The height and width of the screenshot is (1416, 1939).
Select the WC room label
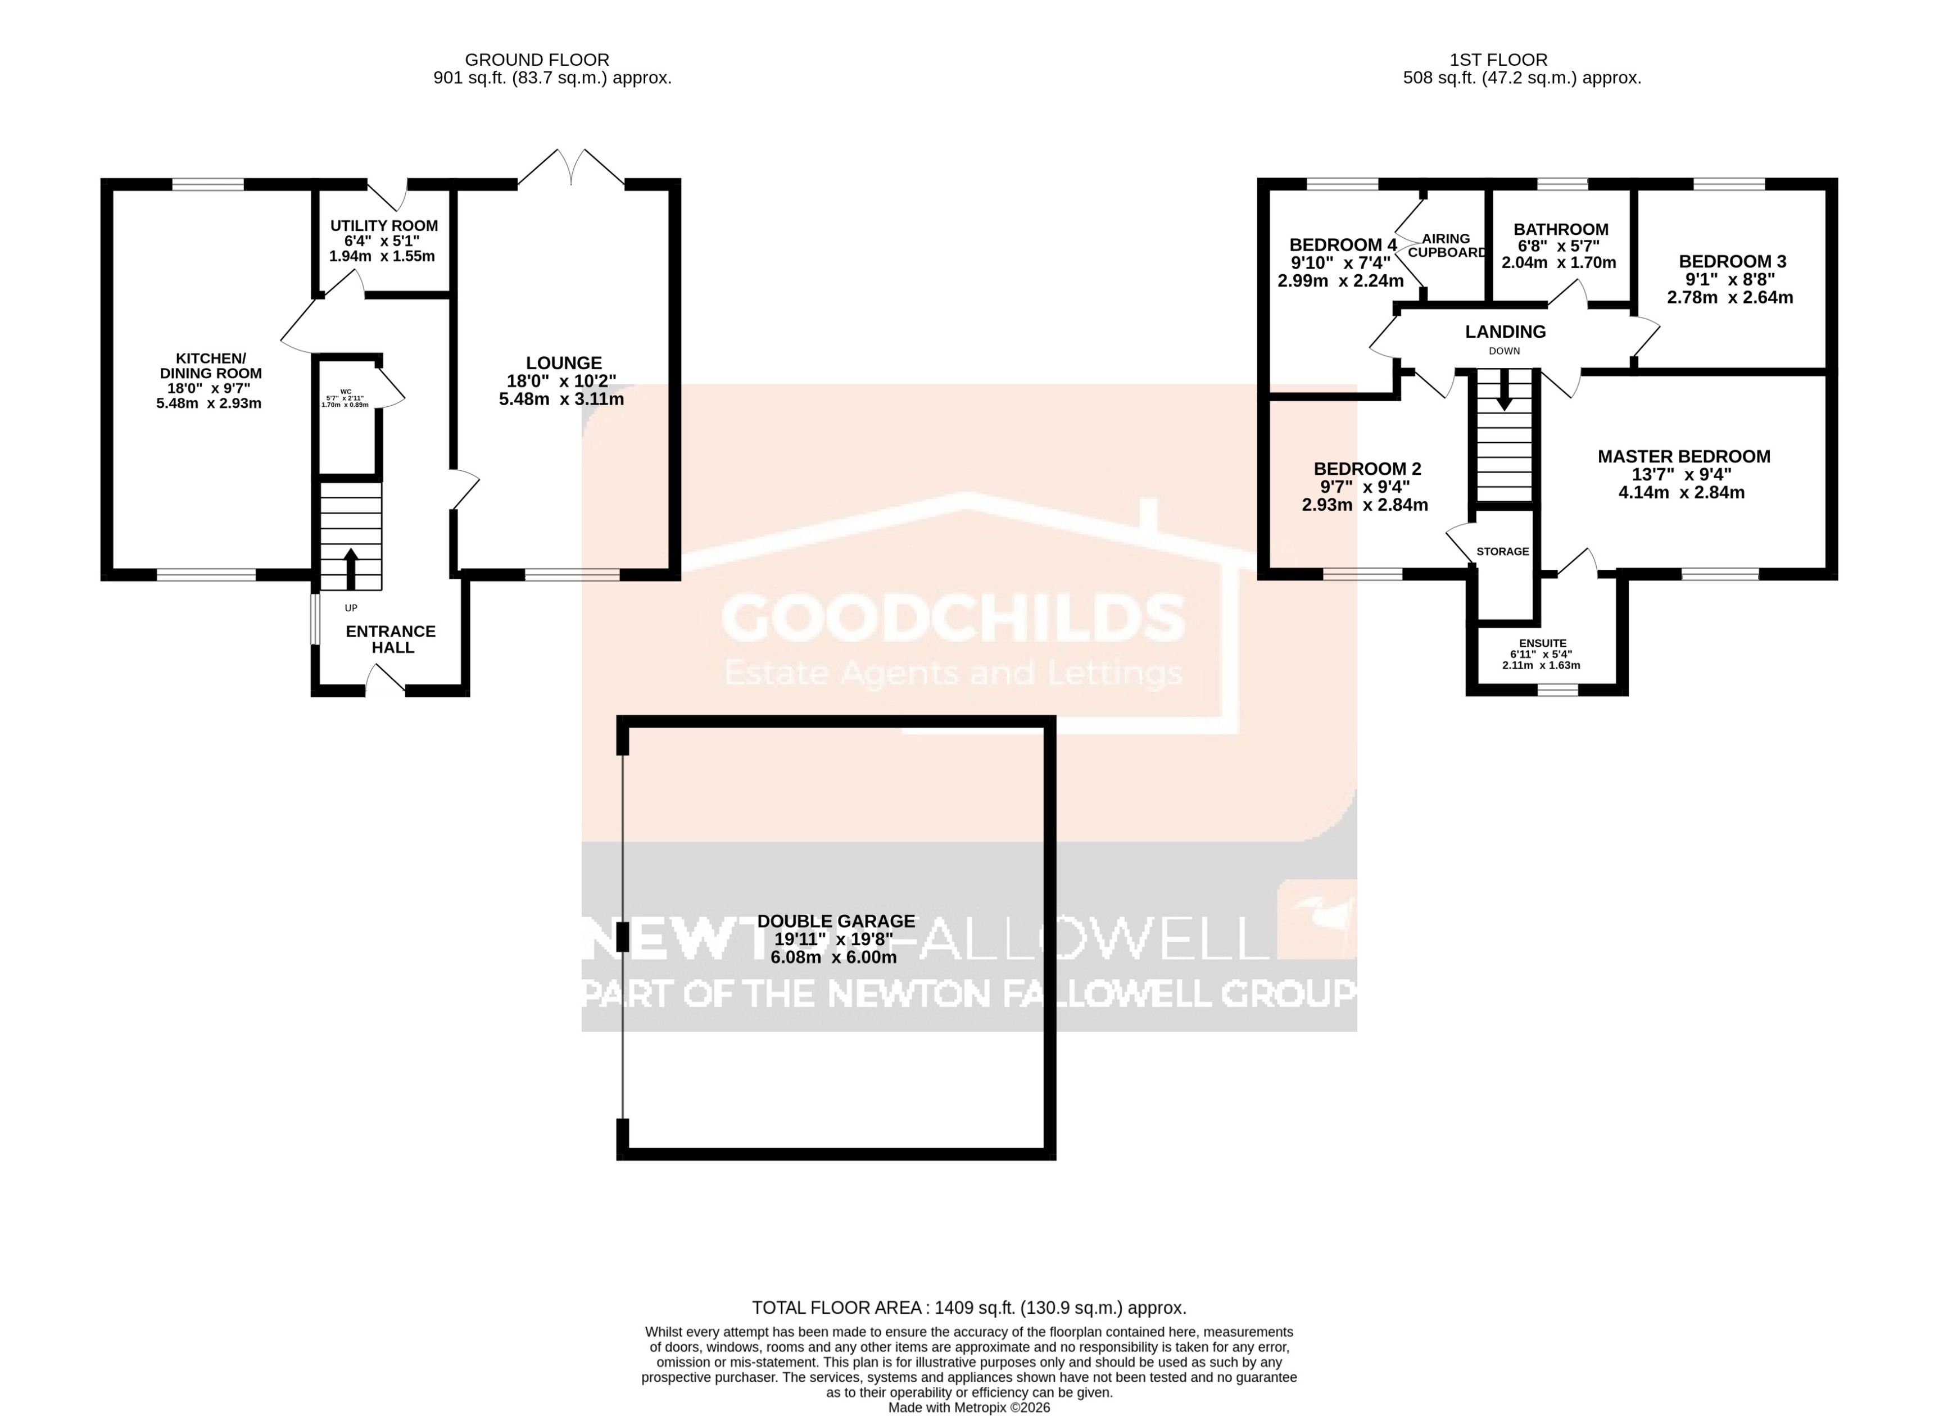pos(346,392)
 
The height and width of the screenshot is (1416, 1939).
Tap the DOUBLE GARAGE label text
pos(836,922)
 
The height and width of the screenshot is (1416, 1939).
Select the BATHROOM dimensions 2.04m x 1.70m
pos(1559,263)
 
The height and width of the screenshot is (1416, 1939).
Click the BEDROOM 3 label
pos(1732,261)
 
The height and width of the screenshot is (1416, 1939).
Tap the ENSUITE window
pos(1557,689)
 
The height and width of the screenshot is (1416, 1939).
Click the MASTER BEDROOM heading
pos(1683,457)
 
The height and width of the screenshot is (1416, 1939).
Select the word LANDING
pos(1505,332)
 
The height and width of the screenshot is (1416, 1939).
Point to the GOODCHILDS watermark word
pos(953,618)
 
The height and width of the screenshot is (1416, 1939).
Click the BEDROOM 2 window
pos(1363,574)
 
